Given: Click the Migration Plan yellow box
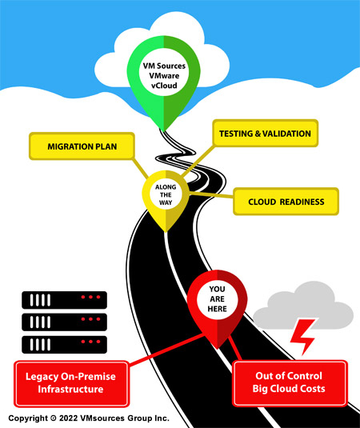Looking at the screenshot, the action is click(82, 146).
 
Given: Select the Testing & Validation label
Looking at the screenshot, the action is click(266, 134).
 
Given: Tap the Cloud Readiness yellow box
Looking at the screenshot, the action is click(286, 202).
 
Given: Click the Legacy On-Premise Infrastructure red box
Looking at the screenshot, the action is click(71, 383).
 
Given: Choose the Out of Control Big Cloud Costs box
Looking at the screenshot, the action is click(290, 382).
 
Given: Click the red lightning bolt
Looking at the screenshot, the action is click(302, 337).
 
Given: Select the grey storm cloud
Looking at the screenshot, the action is click(303, 307).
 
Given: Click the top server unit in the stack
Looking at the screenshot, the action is click(65, 300).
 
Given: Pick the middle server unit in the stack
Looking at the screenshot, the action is click(65, 322).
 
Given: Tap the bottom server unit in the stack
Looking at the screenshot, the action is click(65, 345).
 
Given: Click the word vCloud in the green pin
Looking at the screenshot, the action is click(164, 86).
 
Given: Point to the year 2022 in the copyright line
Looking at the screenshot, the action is click(68, 418).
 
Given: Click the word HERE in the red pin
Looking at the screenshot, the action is click(218, 309).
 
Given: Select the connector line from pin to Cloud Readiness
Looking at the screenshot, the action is click(211, 195).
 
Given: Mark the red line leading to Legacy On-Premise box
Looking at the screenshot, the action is click(166, 349).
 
